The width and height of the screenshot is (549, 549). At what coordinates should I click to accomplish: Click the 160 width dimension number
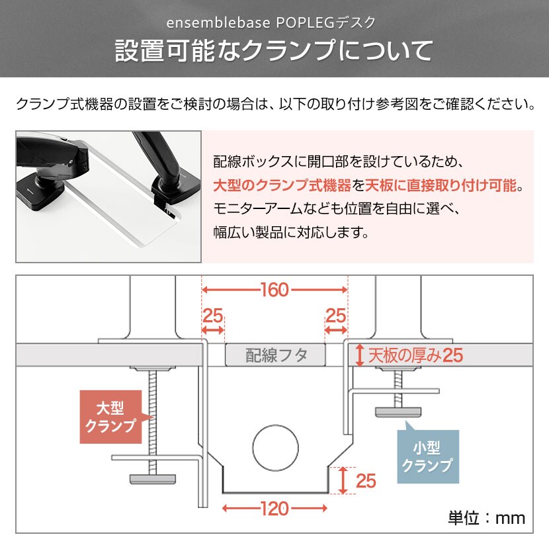tap(275, 290)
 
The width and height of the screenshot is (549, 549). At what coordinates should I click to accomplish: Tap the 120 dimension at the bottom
tap(275, 509)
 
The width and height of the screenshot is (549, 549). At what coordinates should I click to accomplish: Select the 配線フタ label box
tap(275, 355)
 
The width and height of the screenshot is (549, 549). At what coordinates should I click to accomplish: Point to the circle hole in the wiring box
tap(276, 448)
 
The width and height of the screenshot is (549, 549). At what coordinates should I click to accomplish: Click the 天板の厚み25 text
tap(415, 355)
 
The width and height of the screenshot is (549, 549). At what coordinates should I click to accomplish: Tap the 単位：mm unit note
tap(487, 518)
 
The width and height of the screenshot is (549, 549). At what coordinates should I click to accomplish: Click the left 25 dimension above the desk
tap(212, 316)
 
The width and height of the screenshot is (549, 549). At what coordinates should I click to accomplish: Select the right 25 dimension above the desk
tap(336, 316)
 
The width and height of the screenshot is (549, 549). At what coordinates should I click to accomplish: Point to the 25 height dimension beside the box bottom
tap(366, 481)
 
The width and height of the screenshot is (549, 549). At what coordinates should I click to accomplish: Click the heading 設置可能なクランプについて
tap(274, 51)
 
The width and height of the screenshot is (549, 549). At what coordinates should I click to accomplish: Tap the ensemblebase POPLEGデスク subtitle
tap(271, 22)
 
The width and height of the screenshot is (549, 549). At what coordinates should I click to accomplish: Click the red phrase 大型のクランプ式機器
tap(282, 185)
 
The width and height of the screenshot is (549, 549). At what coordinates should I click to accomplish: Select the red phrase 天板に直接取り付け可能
tap(441, 185)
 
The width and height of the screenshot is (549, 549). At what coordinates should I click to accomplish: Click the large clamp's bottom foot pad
tap(153, 479)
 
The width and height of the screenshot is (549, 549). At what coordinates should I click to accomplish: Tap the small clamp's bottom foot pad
tap(398, 411)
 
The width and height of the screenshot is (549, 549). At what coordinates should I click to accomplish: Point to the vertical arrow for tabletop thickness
tap(360, 355)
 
